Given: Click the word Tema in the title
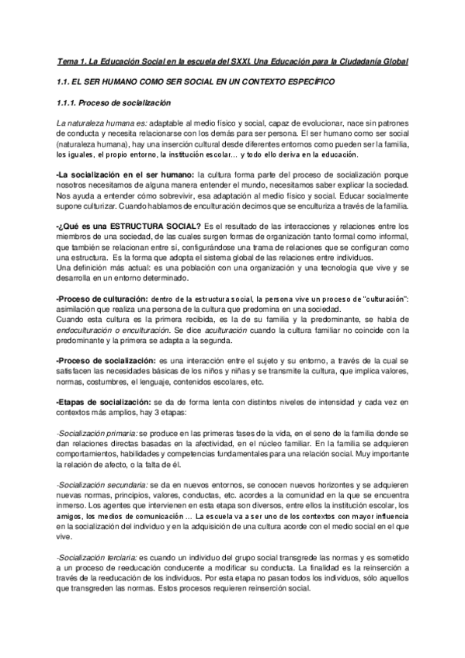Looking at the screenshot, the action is (x=68, y=61).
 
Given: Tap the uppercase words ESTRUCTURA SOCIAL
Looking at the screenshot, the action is (x=152, y=226).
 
